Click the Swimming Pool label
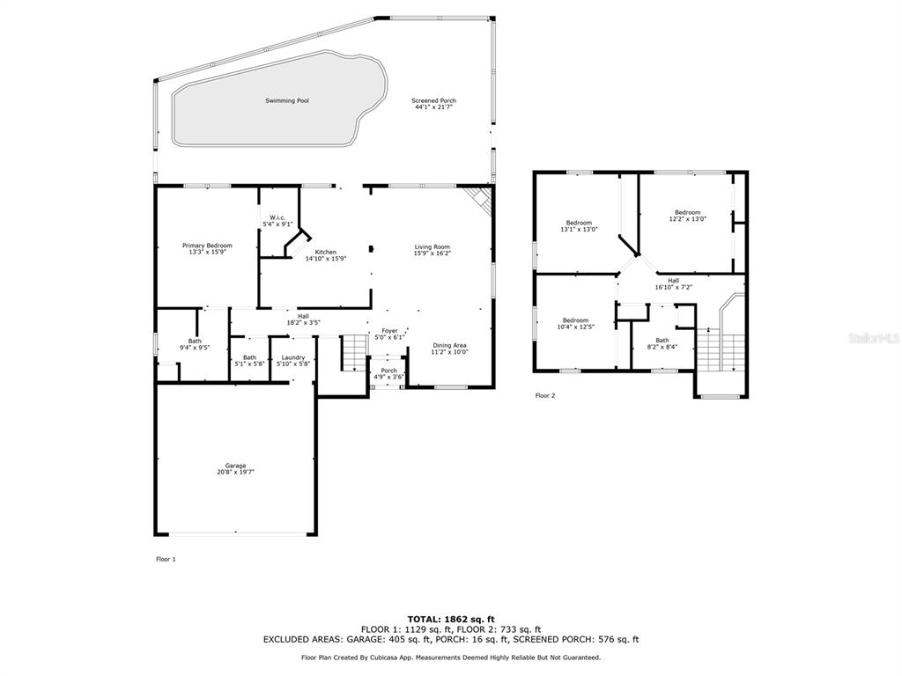(287, 100)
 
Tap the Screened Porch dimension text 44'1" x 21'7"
(433, 107)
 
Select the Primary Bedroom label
(207, 246)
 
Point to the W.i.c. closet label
(277, 217)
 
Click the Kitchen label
(326, 253)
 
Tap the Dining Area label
(449, 345)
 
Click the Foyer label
(389, 331)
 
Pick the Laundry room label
(292, 357)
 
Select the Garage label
(235, 466)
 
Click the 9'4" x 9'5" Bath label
(195, 344)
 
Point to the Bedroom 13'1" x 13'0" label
(579, 226)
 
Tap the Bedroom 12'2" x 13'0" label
(687, 216)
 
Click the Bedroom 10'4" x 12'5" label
(576, 324)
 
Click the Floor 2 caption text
(544, 395)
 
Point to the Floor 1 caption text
(166, 559)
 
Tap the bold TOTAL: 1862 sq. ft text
(451, 619)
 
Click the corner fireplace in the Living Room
(480, 200)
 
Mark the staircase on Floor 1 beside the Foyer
(354, 352)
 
